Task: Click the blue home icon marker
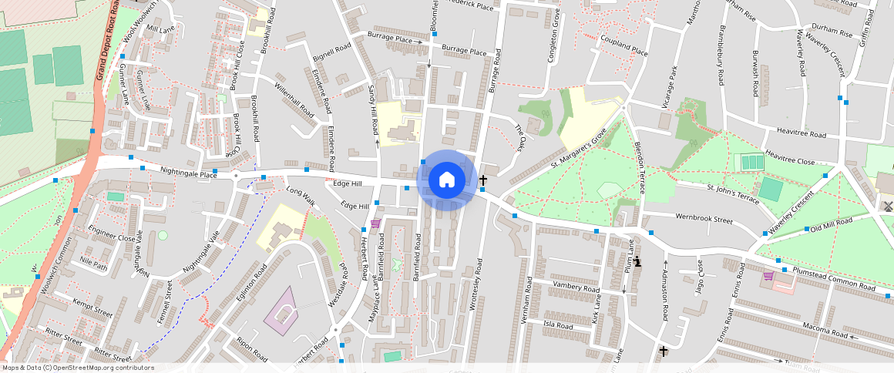[x=446, y=180]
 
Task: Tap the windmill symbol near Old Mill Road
[x=886, y=206]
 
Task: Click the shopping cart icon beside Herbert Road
[x=375, y=223]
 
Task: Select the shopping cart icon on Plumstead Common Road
[x=768, y=276]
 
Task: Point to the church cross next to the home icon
[x=483, y=180]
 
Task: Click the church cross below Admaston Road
[x=664, y=351]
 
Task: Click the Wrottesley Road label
[x=479, y=284]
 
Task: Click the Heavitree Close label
[x=789, y=157]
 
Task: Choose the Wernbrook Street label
[x=704, y=219]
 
